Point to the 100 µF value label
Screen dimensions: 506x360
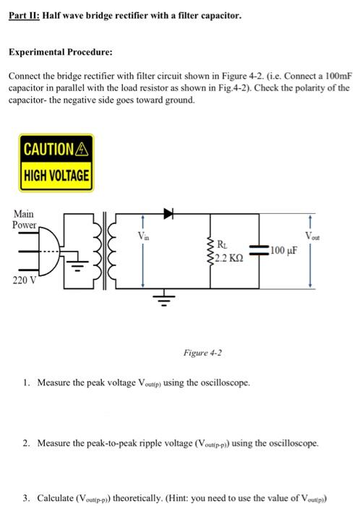click(x=284, y=252)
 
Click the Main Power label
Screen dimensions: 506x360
click(x=25, y=219)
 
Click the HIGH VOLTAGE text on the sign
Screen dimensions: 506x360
click(x=56, y=175)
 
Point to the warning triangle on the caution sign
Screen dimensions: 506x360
click(x=81, y=150)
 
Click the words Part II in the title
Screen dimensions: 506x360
click(x=24, y=14)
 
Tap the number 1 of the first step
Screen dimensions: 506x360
click(x=25, y=381)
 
